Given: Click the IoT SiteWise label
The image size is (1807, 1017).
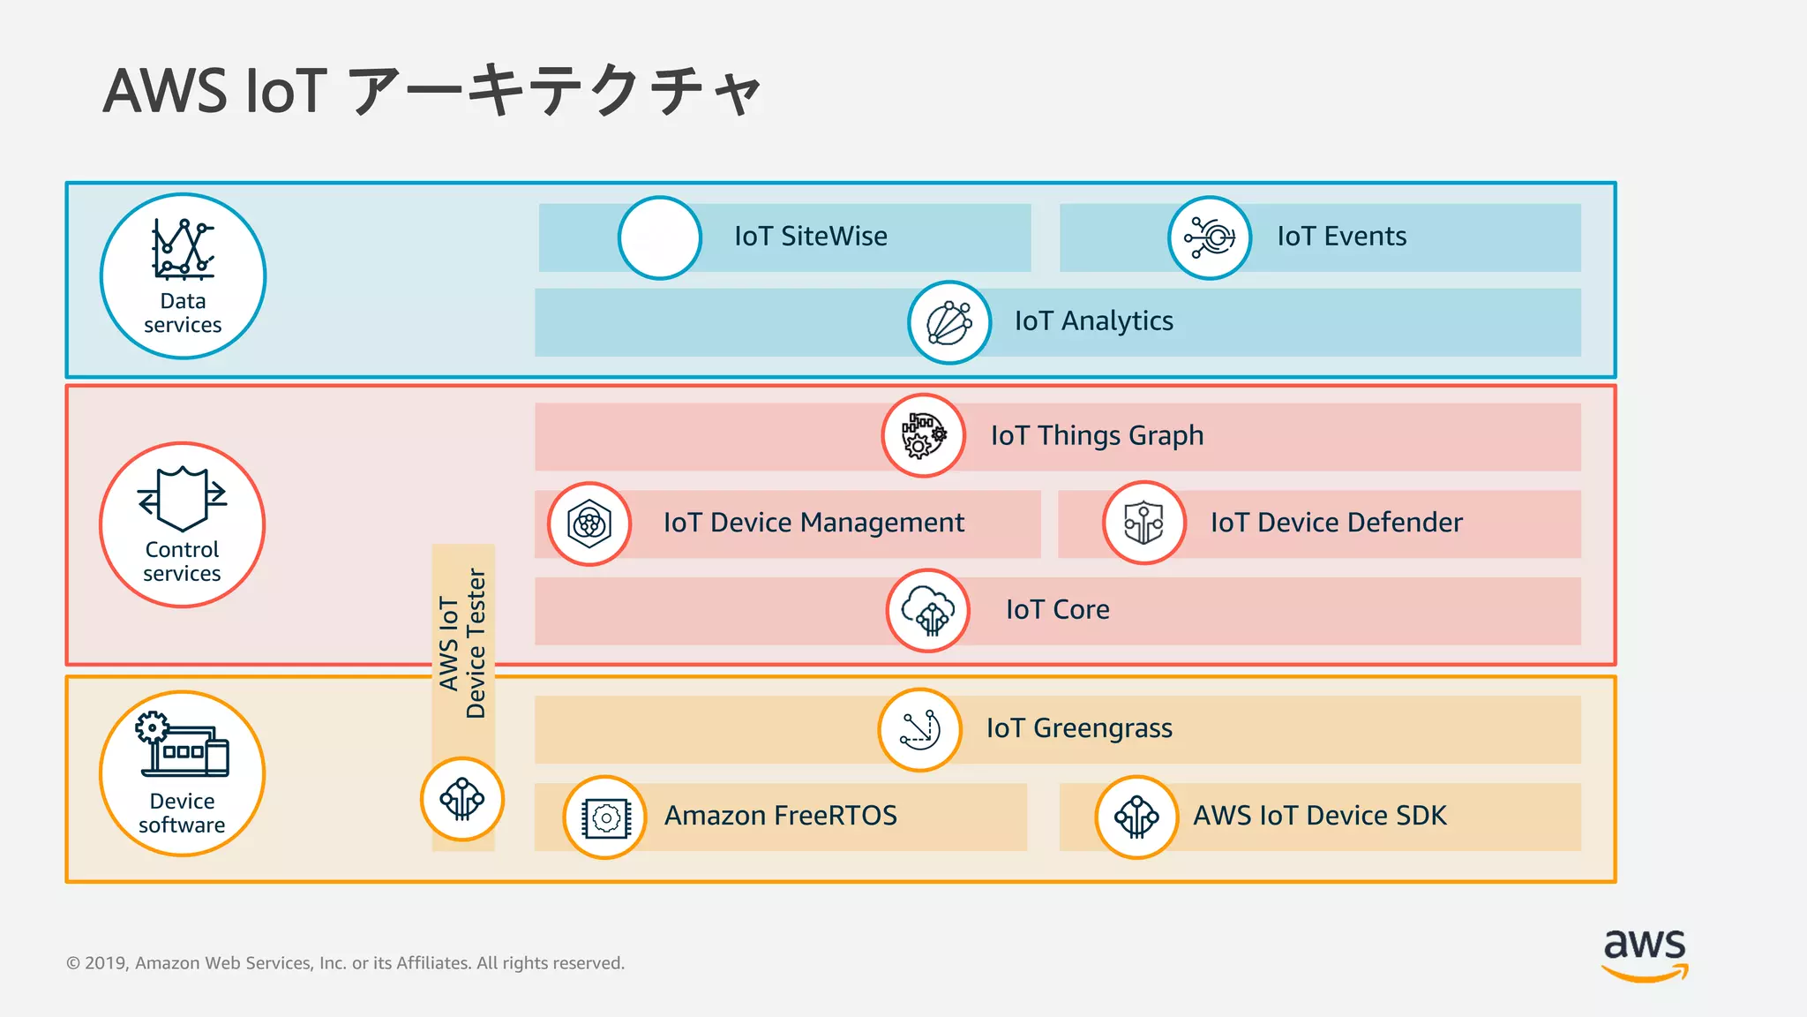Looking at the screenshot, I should (x=810, y=237).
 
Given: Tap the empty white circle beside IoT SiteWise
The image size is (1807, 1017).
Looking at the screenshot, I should (x=660, y=238).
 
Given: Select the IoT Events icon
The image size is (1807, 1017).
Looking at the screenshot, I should (x=1210, y=238).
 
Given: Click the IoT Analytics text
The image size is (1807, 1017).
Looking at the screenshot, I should (x=1093, y=321).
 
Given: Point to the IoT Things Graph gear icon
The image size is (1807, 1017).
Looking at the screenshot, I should (x=923, y=435).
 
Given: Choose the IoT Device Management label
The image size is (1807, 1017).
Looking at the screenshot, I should (x=814, y=523).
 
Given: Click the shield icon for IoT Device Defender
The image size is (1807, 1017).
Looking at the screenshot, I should (x=1143, y=523).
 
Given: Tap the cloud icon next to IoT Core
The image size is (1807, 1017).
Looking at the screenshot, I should (x=928, y=610).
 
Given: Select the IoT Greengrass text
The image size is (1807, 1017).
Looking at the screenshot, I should (x=1079, y=728).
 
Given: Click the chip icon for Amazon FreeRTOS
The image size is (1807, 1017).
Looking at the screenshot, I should (x=605, y=817).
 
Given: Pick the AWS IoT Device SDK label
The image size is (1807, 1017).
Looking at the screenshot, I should (x=1319, y=816).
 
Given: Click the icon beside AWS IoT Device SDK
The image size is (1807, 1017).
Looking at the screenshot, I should (x=1136, y=817).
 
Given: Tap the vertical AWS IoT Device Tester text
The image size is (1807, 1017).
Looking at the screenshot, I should (x=463, y=643).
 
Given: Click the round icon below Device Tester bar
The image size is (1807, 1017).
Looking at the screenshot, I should (x=462, y=799).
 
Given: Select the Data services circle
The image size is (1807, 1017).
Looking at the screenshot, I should (x=183, y=276).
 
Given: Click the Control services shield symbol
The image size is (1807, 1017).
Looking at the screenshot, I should (x=183, y=499).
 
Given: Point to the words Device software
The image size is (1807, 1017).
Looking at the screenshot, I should (x=182, y=813).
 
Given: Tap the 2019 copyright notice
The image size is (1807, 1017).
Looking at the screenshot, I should (x=345, y=963).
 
